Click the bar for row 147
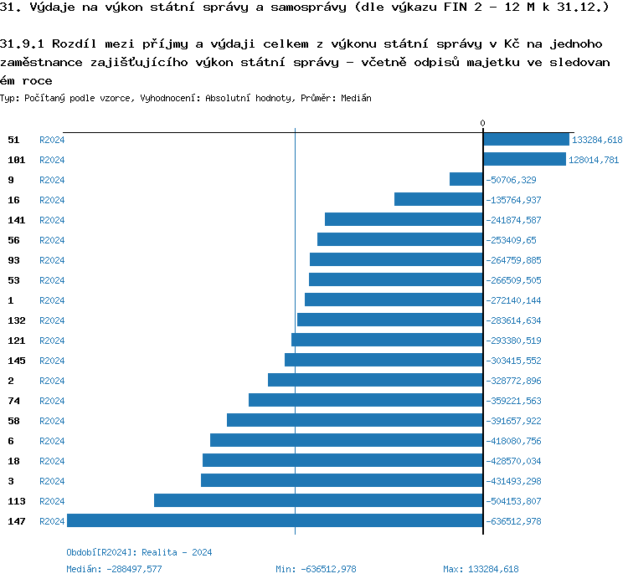[275, 520]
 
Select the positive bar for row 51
[526, 140]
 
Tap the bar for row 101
[524, 159]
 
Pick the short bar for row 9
[466, 179]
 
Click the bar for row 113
[318, 500]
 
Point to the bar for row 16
[438, 199]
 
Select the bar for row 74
[365, 400]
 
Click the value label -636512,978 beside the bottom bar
[513, 521]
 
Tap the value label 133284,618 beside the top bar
[596, 140]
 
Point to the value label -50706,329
[511, 180]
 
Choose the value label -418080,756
[513, 441]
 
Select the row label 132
[17, 320]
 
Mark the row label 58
[13, 421]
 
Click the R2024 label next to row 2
[52, 381]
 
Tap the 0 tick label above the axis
[482, 124]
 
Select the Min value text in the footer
[316, 569]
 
